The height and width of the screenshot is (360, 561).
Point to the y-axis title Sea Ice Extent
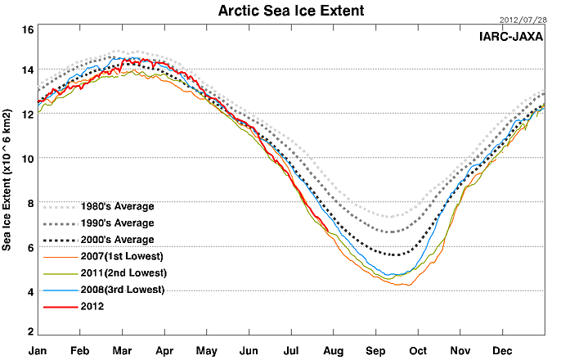[7, 181]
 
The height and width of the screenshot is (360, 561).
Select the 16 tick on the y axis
[27, 29]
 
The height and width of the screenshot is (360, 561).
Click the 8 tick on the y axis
[30, 202]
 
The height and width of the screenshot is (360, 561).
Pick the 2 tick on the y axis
[30, 331]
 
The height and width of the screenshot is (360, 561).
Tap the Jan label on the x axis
[38, 349]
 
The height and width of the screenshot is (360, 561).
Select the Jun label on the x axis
[249, 349]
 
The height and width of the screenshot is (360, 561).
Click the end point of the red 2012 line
[329, 233]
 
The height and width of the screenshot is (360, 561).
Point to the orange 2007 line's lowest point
[406, 285]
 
